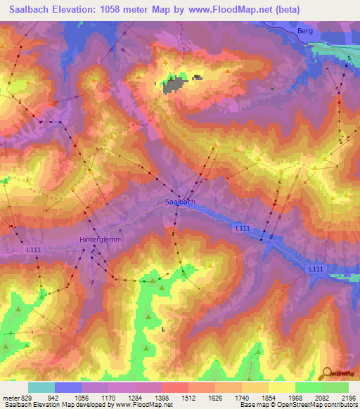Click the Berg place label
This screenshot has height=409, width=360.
(x=304, y=31)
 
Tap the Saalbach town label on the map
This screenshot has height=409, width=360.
(x=179, y=202)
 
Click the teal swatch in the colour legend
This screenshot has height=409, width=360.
(x=41, y=387)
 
